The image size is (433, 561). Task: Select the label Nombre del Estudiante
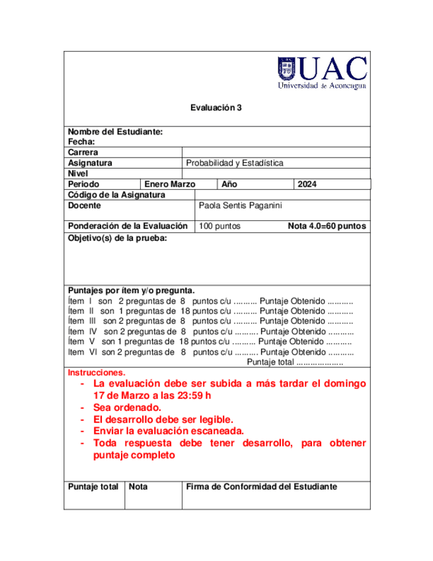click(x=115, y=132)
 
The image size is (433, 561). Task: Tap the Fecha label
click(x=82, y=142)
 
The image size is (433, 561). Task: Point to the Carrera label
click(x=83, y=152)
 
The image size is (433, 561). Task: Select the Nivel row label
click(x=78, y=173)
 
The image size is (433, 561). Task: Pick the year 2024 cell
click(x=308, y=185)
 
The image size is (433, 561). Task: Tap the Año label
click(x=229, y=185)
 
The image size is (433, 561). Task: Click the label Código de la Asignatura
click(x=116, y=195)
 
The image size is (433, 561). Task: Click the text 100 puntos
click(x=219, y=226)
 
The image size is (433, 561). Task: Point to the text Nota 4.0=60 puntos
click(x=327, y=226)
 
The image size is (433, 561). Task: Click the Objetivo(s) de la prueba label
click(x=117, y=237)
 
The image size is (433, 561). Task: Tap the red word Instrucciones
click(x=97, y=372)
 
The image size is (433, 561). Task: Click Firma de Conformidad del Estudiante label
click(x=262, y=486)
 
